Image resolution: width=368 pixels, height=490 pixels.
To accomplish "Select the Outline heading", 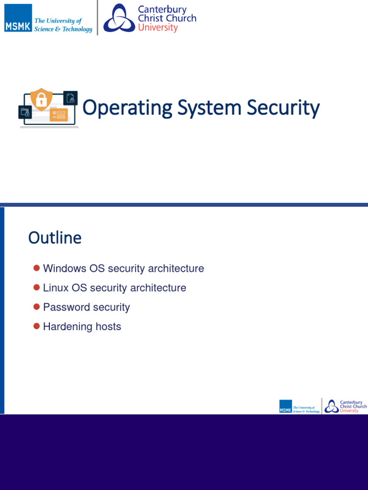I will pyautogui.click(x=55, y=238).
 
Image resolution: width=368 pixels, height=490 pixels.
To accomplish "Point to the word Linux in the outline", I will pyautogui.click(x=56, y=288).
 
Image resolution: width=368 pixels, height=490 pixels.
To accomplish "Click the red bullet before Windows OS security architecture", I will pyautogui.click(x=36, y=268).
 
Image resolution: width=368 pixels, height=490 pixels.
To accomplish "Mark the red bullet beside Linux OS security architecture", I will pyautogui.click(x=36, y=288).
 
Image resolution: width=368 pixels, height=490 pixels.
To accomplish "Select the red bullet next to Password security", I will pyautogui.click(x=36, y=307).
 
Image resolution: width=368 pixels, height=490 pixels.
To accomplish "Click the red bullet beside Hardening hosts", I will pyautogui.click(x=36, y=326).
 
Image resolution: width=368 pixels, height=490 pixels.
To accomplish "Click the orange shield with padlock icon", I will pyautogui.click(x=41, y=100).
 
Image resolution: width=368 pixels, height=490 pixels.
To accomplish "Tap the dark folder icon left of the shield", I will pyautogui.click(x=25, y=112).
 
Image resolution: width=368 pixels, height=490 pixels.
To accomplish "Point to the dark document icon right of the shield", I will pyautogui.click(x=71, y=98).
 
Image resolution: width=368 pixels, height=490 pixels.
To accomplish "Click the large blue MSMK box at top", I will pyautogui.click(x=18, y=18).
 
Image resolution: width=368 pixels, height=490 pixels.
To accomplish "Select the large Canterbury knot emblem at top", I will pyautogui.click(x=119, y=18).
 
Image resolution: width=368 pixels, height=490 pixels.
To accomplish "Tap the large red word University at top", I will pyautogui.click(x=158, y=28).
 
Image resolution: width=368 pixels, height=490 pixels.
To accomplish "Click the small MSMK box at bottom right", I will pyautogui.click(x=286, y=406).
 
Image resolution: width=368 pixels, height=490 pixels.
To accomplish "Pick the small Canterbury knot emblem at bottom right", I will pyautogui.click(x=331, y=407).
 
